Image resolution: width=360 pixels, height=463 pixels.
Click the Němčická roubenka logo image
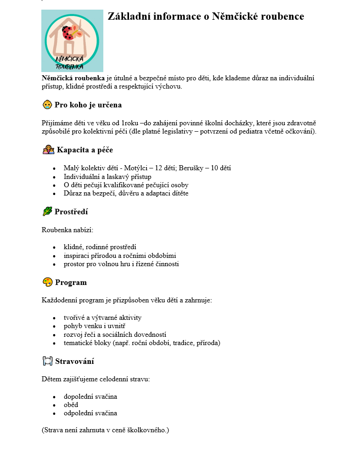72,40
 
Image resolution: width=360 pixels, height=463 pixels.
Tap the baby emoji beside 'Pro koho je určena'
47,105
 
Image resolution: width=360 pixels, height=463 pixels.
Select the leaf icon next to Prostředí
47,212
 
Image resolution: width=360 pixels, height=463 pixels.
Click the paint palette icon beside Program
47,282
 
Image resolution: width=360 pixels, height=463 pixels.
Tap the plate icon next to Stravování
47,361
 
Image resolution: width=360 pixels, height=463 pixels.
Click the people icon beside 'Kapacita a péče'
48,150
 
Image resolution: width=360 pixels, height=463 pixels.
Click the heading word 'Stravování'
74,362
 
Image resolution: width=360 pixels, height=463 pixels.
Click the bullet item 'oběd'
71,405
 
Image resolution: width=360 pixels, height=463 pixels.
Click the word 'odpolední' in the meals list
79,413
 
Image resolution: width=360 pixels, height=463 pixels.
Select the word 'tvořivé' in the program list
75,318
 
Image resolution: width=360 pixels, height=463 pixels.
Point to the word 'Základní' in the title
129,17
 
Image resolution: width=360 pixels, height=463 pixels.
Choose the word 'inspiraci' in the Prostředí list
77,256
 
